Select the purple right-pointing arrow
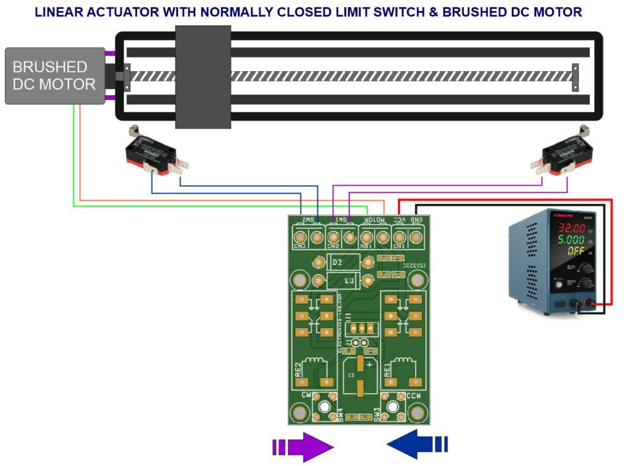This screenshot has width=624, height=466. (303, 447)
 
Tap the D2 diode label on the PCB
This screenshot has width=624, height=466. (337, 263)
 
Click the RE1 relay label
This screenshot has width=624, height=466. (386, 371)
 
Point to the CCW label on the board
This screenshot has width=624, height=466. (414, 395)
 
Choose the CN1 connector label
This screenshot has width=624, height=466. (400, 246)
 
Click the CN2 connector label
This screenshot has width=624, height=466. (333, 246)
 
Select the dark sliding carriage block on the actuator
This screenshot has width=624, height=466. (203, 77)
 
